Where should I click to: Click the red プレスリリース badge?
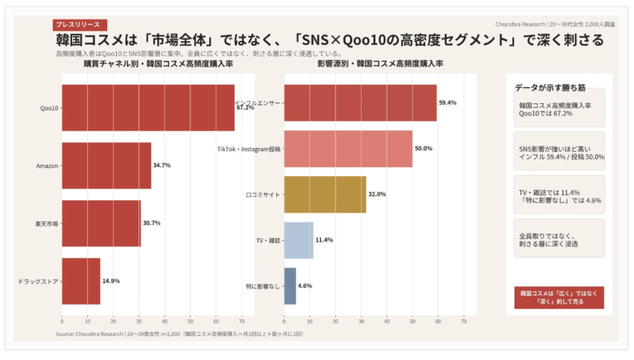(x=79, y=26)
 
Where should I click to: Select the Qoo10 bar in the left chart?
(x=148, y=107)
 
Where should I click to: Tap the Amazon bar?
(x=106, y=165)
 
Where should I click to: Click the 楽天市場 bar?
(x=101, y=223)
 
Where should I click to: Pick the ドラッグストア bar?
(x=81, y=281)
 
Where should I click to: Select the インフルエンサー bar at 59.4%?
(x=360, y=103)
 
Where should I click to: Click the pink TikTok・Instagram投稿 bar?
(x=348, y=149)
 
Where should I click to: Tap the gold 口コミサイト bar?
(x=325, y=194)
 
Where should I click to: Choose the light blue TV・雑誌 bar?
(x=299, y=240)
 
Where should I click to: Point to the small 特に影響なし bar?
(x=290, y=286)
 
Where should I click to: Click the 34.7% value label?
(x=162, y=166)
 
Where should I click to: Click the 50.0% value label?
(x=423, y=149)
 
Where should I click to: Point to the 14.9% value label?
(x=111, y=282)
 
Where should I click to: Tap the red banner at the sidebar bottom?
(x=559, y=298)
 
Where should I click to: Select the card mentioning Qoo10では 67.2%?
(x=559, y=109)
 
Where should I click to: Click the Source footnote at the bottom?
(x=179, y=334)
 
